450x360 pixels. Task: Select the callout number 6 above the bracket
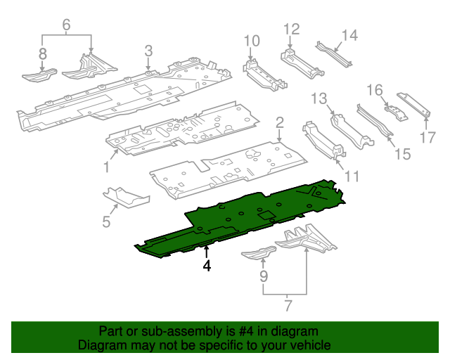[x=67, y=25]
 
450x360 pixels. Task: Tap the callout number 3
[x=148, y=51]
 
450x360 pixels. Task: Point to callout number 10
[x=252, y=41]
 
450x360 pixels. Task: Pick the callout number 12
[x=291, y=29]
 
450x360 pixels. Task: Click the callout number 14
[x=349, y=35]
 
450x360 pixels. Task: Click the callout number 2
[x=279, y=124]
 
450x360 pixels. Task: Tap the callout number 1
[x=106, y=167]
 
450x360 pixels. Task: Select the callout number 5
[x=106, y=222]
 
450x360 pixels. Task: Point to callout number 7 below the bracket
[x=286, y=306]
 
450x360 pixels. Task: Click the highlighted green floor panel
[x=239, y=218]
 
